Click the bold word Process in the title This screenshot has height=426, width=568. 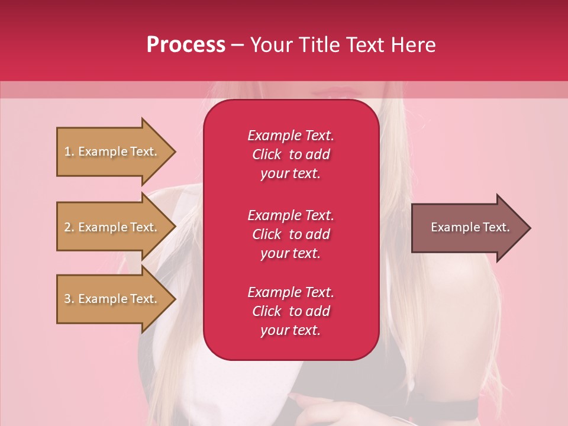point(186,45)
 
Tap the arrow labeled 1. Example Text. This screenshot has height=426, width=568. point(112,151)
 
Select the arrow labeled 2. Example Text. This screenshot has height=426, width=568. point(112,227)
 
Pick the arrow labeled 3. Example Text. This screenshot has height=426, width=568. point(112,299)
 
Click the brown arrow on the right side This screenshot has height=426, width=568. point(467,227)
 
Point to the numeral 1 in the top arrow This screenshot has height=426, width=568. point(67,151)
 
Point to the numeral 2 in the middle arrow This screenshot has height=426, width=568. point(67,227)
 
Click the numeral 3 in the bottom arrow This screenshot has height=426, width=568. point(67,299)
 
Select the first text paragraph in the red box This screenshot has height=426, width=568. point(291,154)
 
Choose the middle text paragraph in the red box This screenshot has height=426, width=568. point(291,234)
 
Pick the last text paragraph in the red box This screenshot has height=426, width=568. point(291,311)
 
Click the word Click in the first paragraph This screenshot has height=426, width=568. point(266,154)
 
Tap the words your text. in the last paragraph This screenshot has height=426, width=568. point(290,330)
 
